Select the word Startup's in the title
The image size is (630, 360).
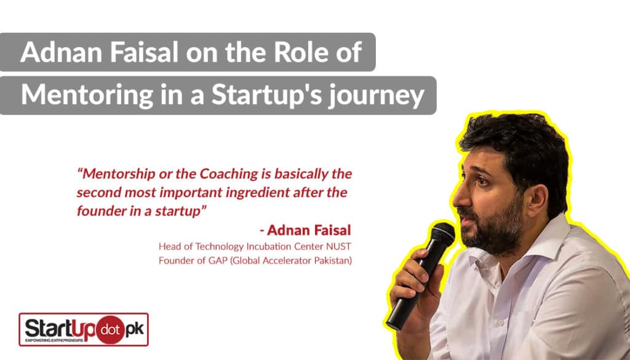point(266,95)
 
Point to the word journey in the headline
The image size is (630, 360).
point(376,97)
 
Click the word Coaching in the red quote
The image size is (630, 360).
point(229,174)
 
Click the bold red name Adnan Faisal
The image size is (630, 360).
point(309,230)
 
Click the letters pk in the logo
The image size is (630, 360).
point(135,329)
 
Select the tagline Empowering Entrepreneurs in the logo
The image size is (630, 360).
point(54,340)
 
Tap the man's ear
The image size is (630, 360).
point(537,196)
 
